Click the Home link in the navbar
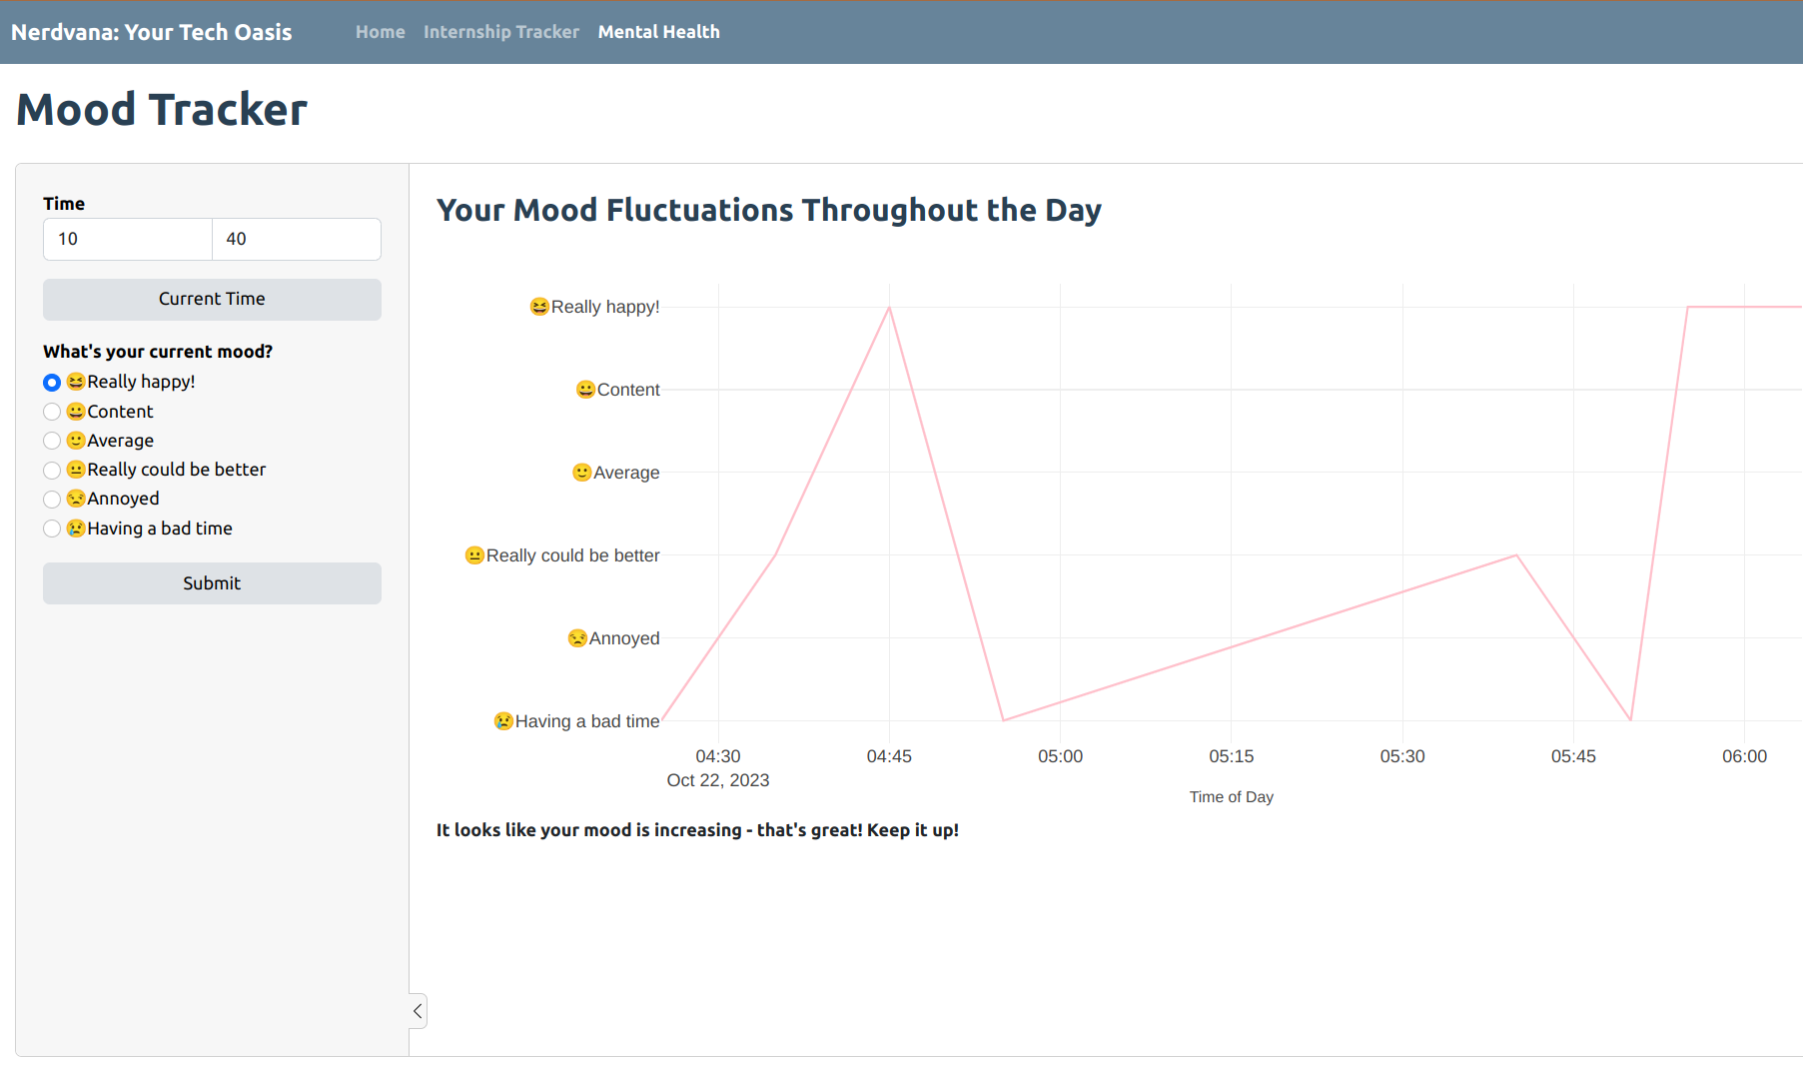click(x=380, y=32)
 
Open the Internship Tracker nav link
click(x=500, y=32)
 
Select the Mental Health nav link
click(x=658, y=32)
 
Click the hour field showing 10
click(x=128, y=239)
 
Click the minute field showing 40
click(x=296, y=239)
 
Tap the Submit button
click(x=212, y=583)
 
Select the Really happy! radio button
click(x=52, y=383)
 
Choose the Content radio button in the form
click(x=52, y=412)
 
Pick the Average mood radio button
click(x=52, y=441)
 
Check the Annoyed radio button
click(x=52, y=499)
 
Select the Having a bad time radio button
click(x=52, y=529)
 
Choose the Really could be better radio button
click(x=52, y=470)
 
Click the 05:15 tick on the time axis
click(x=1231, y=756)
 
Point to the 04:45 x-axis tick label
click(x=889, y=756)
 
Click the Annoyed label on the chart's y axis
click(x=623, y=638)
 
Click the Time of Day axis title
click(x=1231, y=797)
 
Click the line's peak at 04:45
click(x=889, y=308)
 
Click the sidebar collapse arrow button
click(x=418, y=1011)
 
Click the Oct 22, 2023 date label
click(x=717, y=780)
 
